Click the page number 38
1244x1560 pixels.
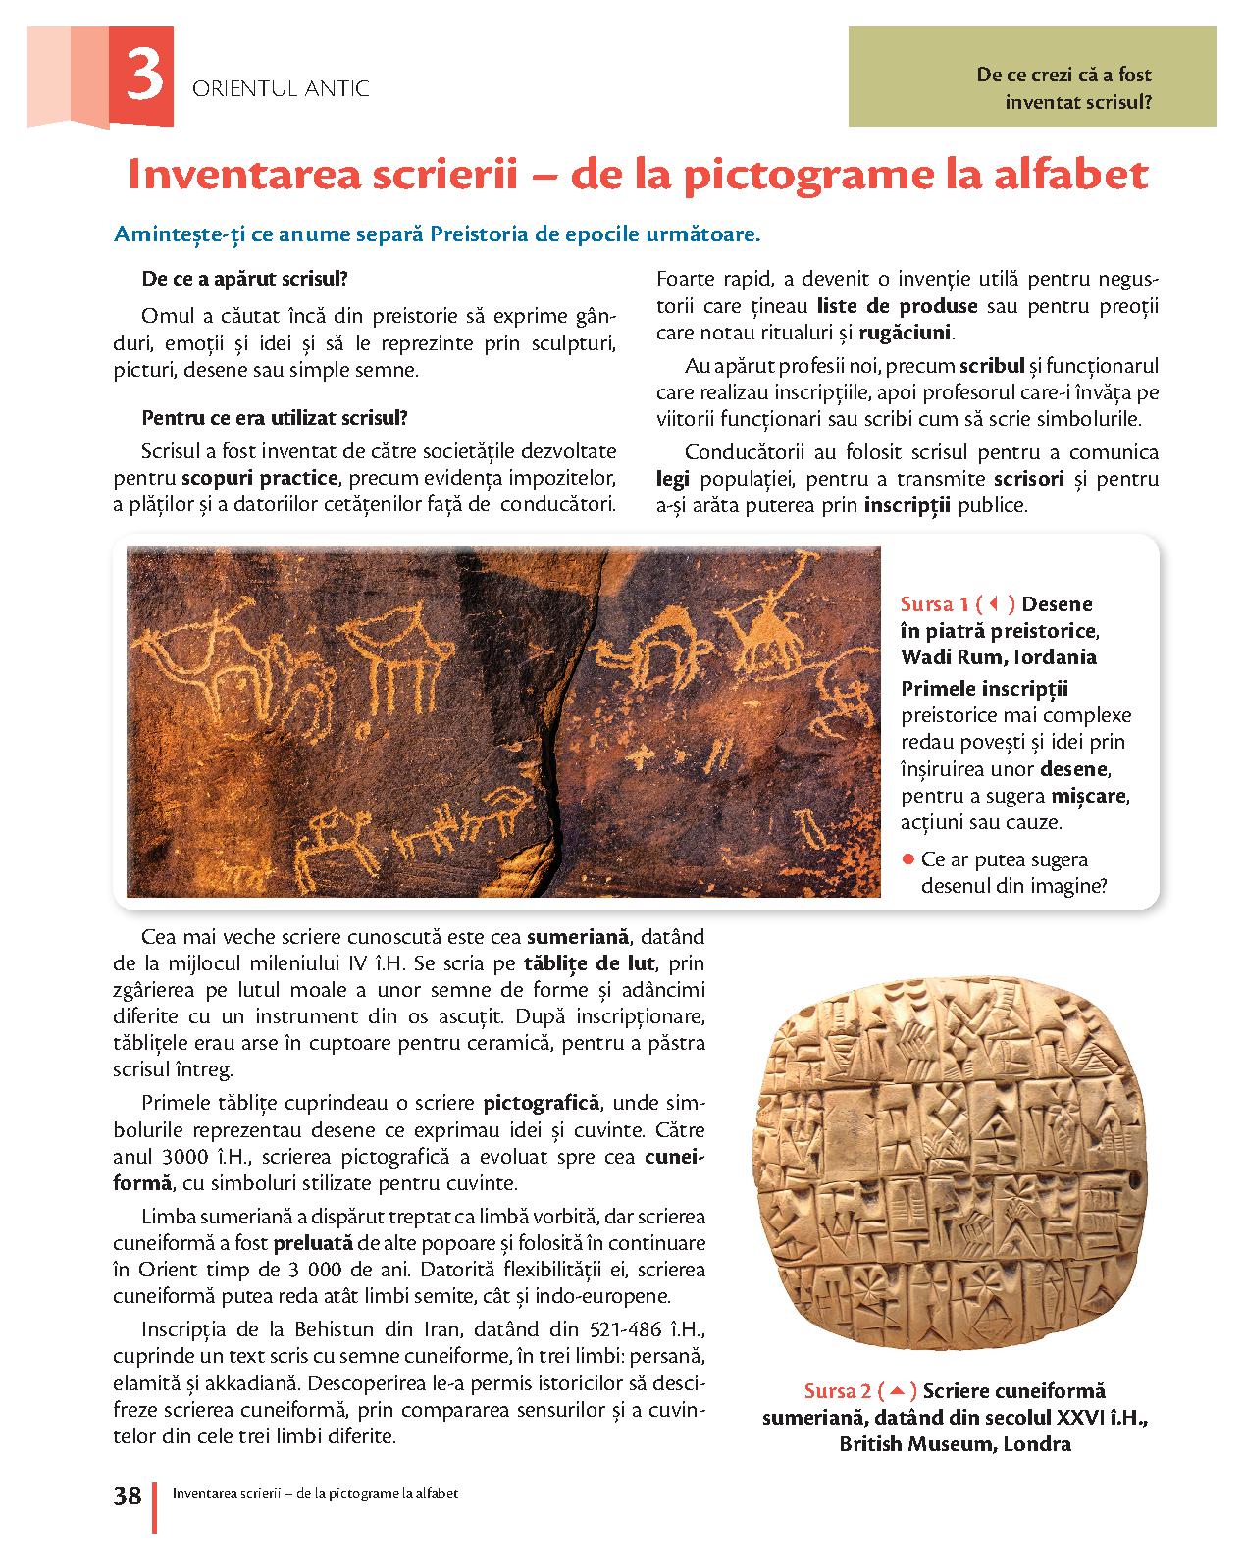[x=128, y=1496]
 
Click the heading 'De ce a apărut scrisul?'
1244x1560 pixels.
[x=244, y=279]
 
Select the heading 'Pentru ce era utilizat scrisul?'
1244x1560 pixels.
[x=274, y=417]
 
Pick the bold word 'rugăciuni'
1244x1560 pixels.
[x=905, y=333]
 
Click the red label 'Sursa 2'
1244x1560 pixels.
[x=837, y=1391]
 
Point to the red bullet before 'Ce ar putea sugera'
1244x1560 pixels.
[x=908, y=860]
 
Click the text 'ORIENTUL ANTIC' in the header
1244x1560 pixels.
[x=282, y=88]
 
